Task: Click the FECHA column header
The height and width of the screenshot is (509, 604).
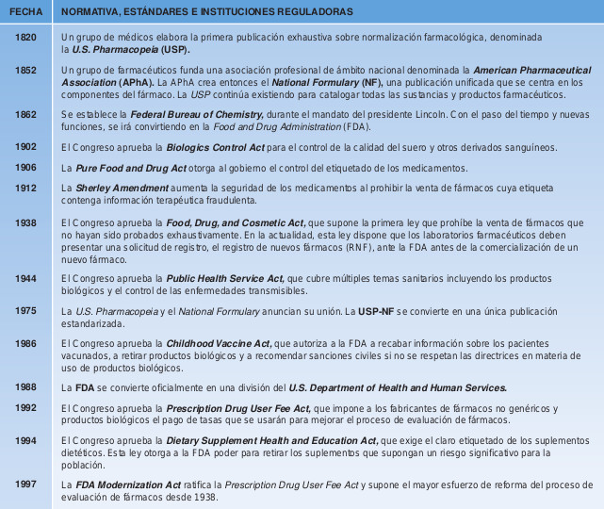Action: (x=27, y=11)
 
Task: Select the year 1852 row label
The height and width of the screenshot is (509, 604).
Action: (x=27, y=70)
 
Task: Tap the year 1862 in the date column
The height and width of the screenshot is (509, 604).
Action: (x=27, y=113)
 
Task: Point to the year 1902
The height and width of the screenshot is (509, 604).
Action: (x=27, y=147)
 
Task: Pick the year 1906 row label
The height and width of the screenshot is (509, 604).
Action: (x=27, y=167)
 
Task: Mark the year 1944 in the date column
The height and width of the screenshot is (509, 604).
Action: (x=27, y=278)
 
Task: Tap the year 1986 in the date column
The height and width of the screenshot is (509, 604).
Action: (x=27, y=343)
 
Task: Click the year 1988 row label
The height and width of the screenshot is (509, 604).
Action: (x=27, y=386)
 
